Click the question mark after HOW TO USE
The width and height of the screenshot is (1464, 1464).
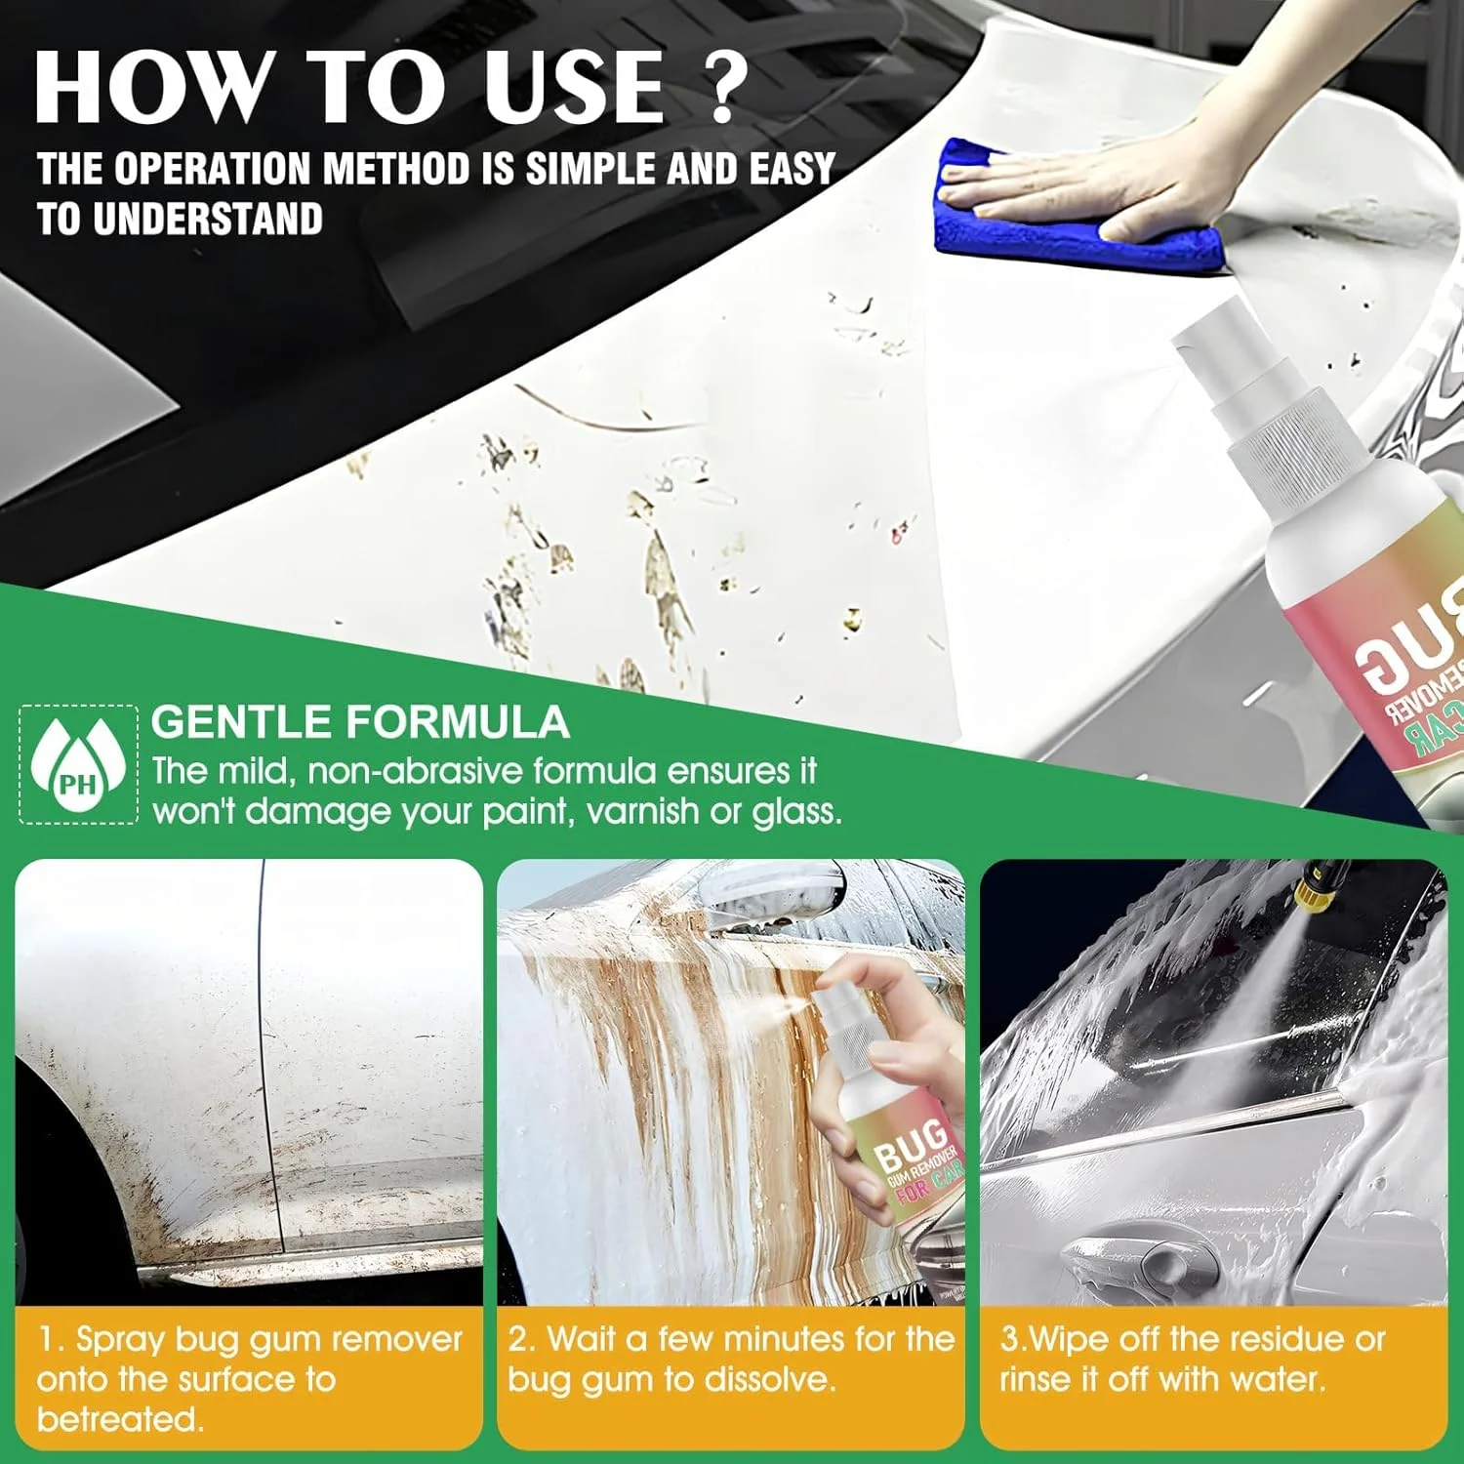pos(724,88)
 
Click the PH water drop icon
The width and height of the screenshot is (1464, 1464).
pos(78,764)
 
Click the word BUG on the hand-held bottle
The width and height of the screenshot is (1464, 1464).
pos(910,1144)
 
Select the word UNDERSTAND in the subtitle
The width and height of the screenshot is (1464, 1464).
pos(208,219)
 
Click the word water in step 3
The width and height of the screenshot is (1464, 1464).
pos(1276,1379)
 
